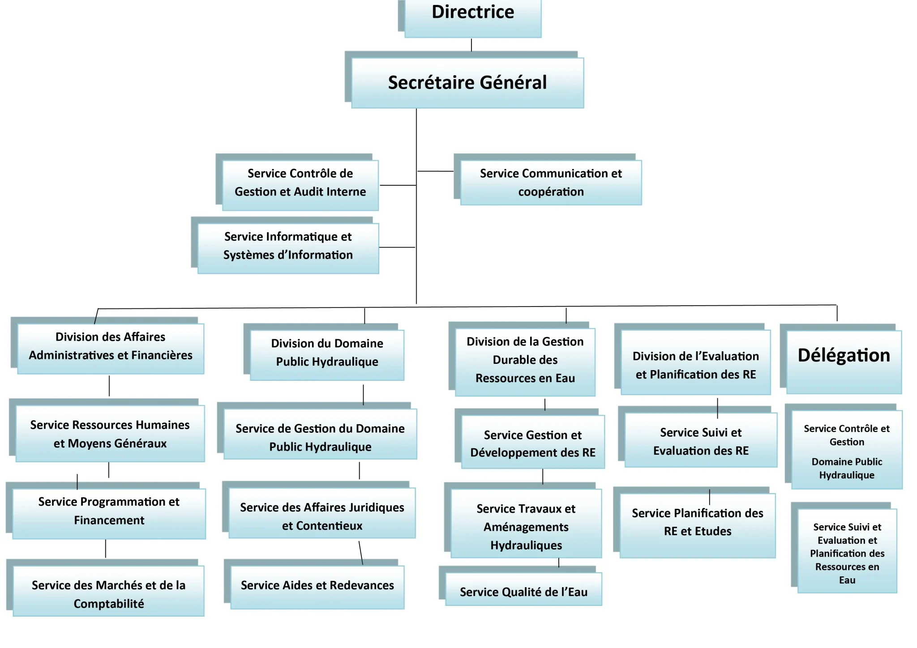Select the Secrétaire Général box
coord(467,83)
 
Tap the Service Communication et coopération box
coord(551,183)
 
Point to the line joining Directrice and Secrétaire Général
coord(471,45)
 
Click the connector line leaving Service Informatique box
coord(397,247)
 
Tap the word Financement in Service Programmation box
coord(109,520)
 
